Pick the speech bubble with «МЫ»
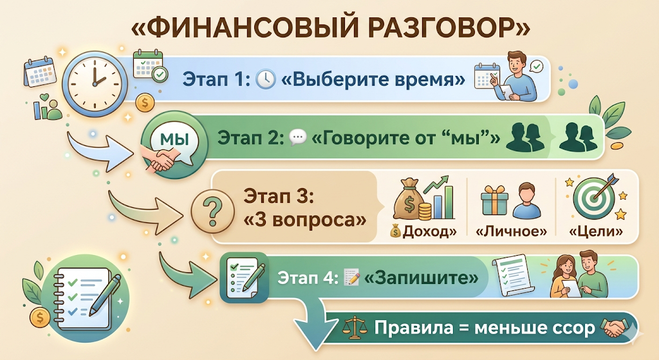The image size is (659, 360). pos(171,138)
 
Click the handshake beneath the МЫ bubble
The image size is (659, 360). pos(158,158)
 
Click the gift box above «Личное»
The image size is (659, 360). pos(494,201)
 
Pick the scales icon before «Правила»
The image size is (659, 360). pos(351,328)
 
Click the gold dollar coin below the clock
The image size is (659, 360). pos(145,102)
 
